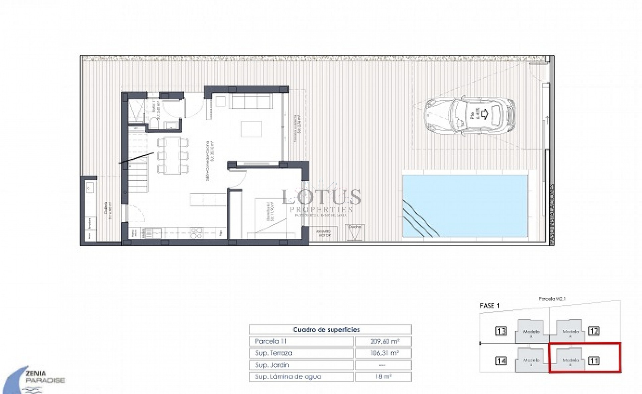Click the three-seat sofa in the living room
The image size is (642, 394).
(x=251, y=101)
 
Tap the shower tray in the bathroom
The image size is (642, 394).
(x=137, y=109)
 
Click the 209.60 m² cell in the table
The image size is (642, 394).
(x=383, y=341)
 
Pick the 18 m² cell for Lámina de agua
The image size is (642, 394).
(x=383, y=377)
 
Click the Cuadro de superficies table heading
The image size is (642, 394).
(x=326, y=329)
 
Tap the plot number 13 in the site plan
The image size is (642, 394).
(x=501, y=331)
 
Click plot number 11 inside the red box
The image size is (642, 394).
(x=594, y=361)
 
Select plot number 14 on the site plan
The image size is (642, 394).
(x=501, y=361)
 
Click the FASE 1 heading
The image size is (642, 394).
(x=489, y=305)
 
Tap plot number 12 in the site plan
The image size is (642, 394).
(x=594, y=331)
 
